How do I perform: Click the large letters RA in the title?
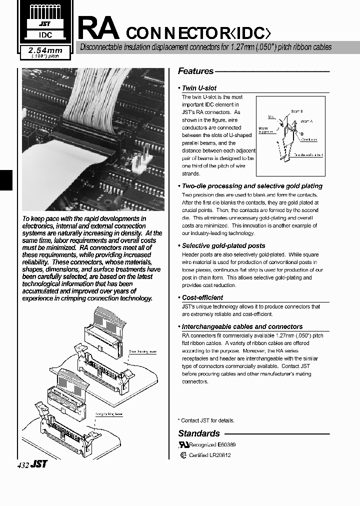click(99, 28)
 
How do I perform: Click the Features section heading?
click(195, 71)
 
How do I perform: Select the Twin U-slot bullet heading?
click(199, 88)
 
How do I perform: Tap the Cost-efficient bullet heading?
click(202, 297)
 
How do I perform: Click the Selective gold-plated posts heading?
click(223, 245)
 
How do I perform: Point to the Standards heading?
click(199, 433)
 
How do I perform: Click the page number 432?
click(23, 464)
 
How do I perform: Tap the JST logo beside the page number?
click(39, 464)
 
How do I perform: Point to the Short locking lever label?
click(142, 351)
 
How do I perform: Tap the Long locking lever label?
click(109, 414)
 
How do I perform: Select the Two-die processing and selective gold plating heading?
click(252, 186)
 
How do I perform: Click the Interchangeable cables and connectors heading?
click(242, 326)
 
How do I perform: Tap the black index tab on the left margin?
click(5, 179)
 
